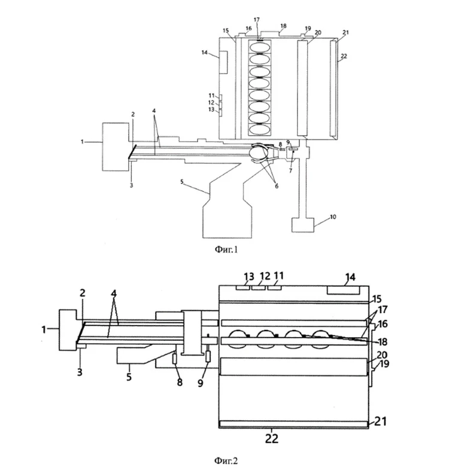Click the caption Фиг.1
tap(226, 249)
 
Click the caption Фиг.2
tap(226, 461)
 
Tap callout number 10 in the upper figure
tap(333, 217)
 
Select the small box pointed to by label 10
tap(303, 225)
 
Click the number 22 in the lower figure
tap(272, 438)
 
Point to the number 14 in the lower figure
tap(350, 277)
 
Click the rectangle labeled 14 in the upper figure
tap(223, 63)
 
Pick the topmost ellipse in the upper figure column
tap(259, 47)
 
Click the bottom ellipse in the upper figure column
tap(259, 129)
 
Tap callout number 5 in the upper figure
tap(181, 182)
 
